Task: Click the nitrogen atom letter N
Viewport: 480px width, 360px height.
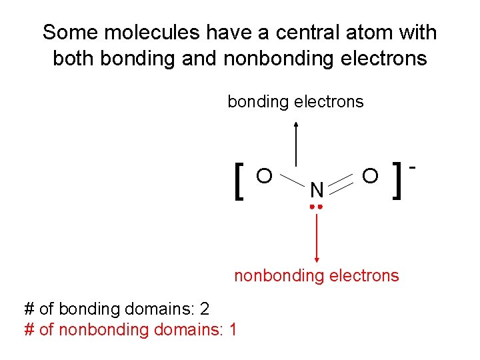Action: (x=317, y=191)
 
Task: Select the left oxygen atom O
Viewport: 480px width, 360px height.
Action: (x=264, y=175)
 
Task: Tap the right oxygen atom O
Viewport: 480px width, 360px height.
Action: (x=371, y=175)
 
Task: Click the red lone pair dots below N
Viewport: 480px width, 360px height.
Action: (x=317, y=207)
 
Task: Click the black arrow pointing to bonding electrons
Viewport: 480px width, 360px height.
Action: (x=295, y=143)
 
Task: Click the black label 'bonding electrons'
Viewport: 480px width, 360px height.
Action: (x=295, y=102)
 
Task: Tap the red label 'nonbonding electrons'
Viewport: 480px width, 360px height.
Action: (x=316, y=275)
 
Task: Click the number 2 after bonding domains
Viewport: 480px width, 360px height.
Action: (x=204, y=309)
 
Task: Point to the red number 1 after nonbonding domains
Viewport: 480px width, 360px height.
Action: (x=231, y=329)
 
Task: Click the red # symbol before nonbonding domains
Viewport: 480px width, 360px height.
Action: (x=29, y=329)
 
